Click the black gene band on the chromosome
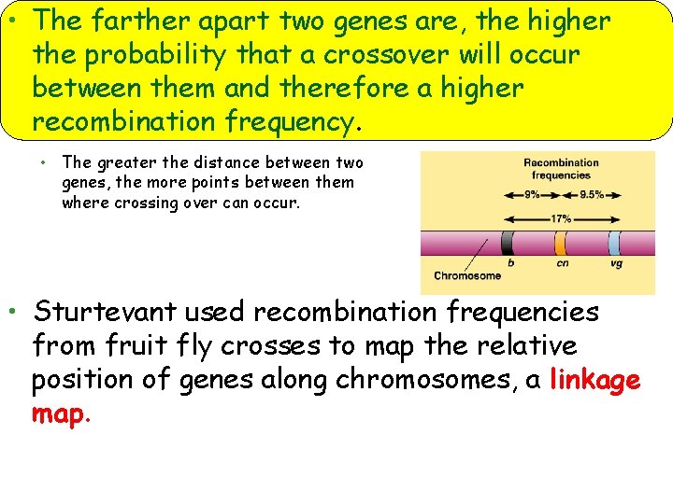point(508,244)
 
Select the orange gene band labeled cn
point(561,244)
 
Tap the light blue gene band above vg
point(614,244)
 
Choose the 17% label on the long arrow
point(561,219)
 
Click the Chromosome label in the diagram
point(467,275)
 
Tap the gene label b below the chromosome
point(510,264)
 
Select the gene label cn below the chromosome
point(563,264)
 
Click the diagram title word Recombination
point(561,162)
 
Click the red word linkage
point(595,381)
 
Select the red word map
point(56,414)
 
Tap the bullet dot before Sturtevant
point(11,310)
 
